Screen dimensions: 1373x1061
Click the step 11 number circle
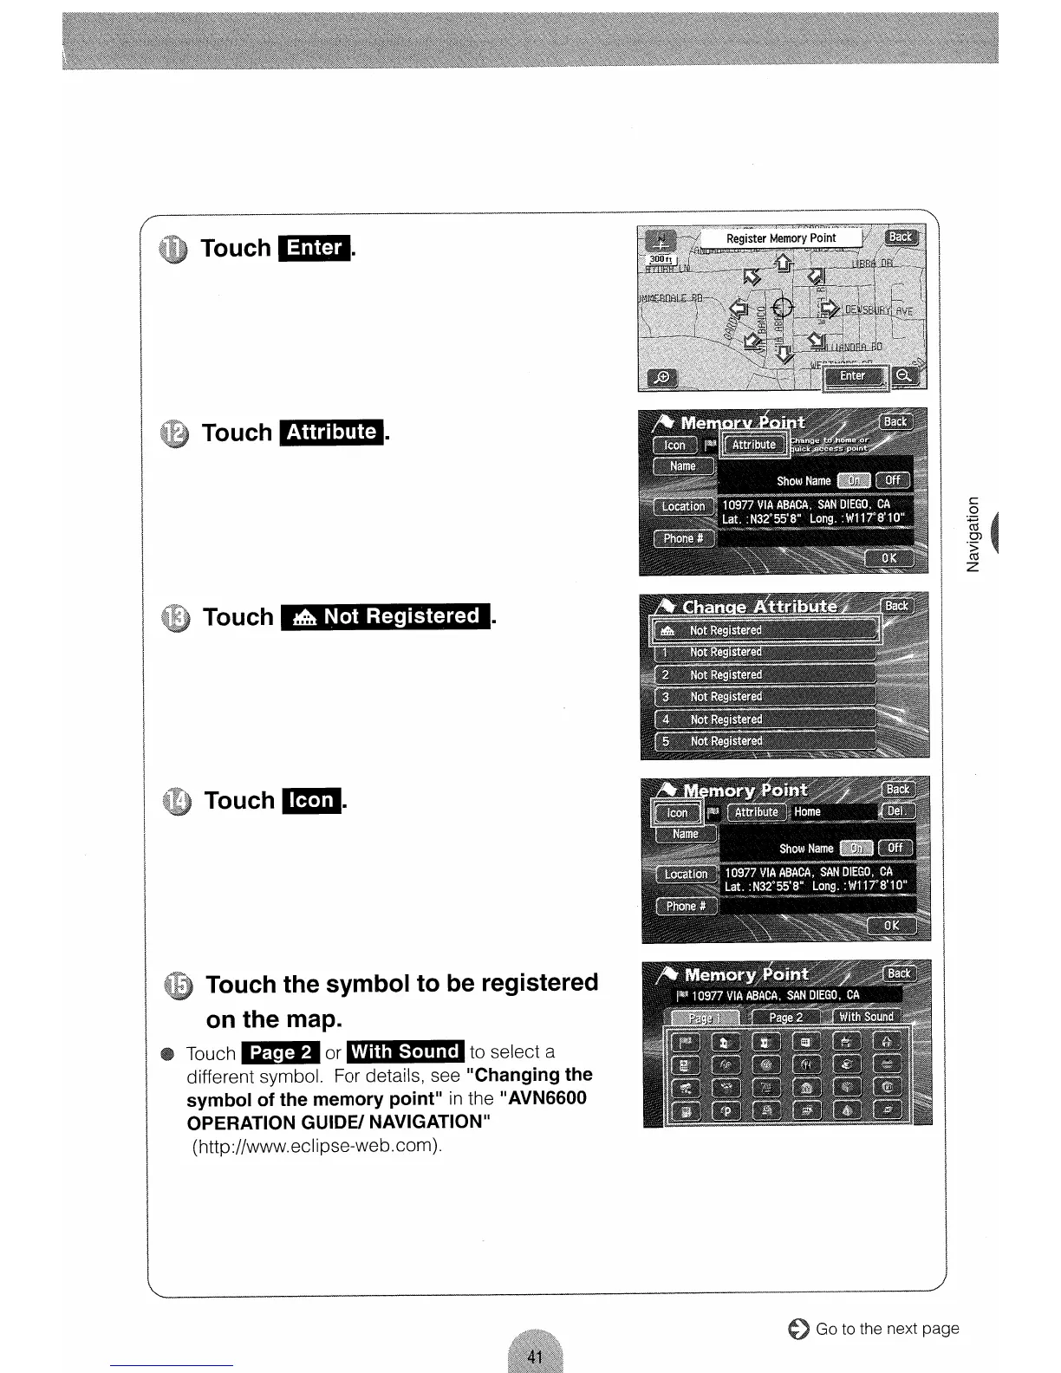pos(172,250)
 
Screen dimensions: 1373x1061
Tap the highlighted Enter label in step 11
pos(315,248)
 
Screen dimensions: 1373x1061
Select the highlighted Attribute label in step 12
pos(332,432)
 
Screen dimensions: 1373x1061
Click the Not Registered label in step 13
pos(386,616)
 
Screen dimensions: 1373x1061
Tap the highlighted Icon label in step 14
pos(312,800)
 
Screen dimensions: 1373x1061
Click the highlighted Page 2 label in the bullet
pos(281,1052)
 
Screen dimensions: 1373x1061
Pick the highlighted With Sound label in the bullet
pos(405,1051)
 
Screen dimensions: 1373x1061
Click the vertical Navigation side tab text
pos(973,533)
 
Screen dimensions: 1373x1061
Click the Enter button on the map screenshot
pos(853,376)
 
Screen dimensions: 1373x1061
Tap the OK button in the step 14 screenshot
pos(891,926)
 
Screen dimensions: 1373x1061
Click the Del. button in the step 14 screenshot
pos(896,812)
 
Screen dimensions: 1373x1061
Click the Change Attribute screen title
pos(759,607)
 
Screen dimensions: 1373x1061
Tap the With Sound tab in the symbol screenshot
pos(866,1017)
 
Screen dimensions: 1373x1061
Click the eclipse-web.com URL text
pos(317,1146)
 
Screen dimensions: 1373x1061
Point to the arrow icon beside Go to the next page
pos(798,1329)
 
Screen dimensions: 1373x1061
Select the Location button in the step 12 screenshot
pos(683,507)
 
